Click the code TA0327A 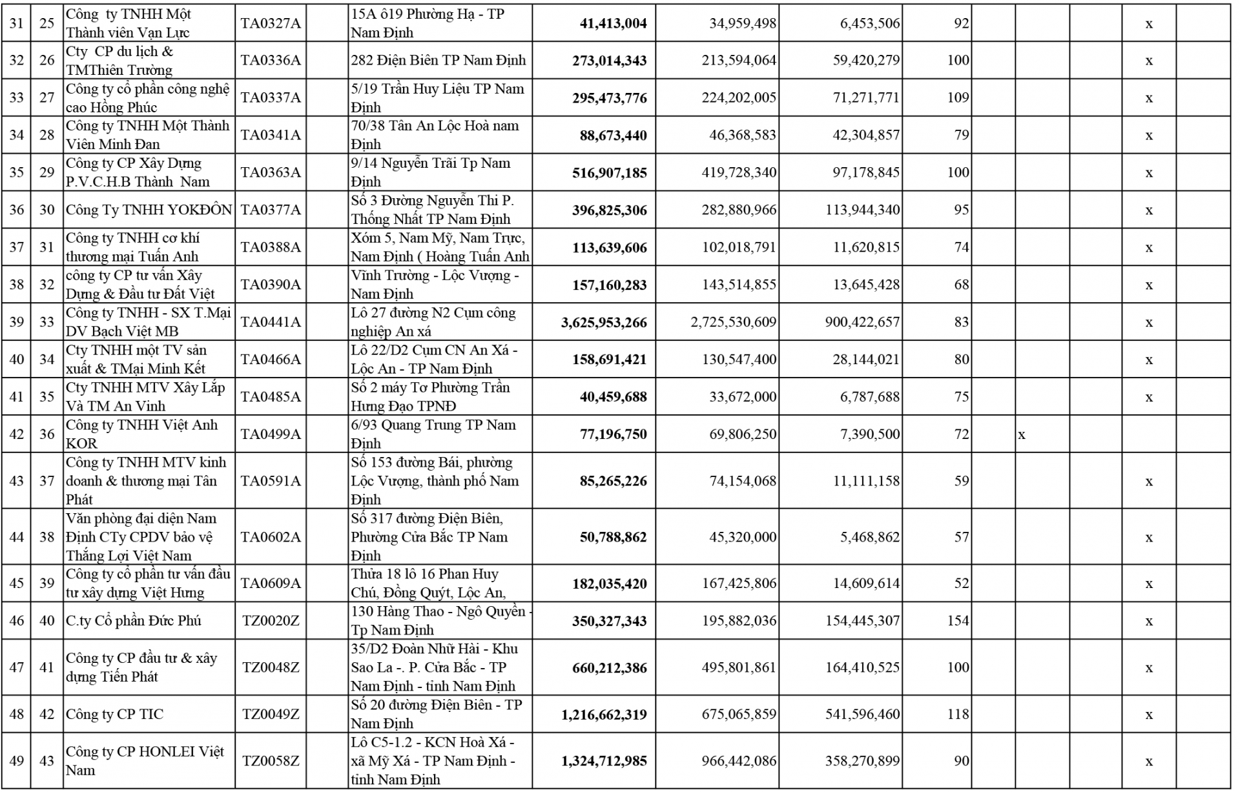tap(271, 24)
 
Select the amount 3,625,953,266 tap(604, 323)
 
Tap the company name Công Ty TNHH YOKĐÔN tap(149, 210)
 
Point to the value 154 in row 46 tap(957, 621)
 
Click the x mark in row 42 tap(1022, 434)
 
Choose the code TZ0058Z tap(271, 761)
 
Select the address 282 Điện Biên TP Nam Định tap(439, 61)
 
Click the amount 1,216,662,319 tap(604, 715)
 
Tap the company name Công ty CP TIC tap(115, 715)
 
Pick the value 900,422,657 tap(862, 322)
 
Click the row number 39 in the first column tap(17, 322)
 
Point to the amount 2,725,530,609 tap(734, 322)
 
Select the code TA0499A tap(271, 434)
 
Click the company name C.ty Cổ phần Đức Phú tap(134, 621)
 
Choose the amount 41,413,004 tap(613, 24)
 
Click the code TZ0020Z tap(271, 621)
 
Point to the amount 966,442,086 tap(739, 761)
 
